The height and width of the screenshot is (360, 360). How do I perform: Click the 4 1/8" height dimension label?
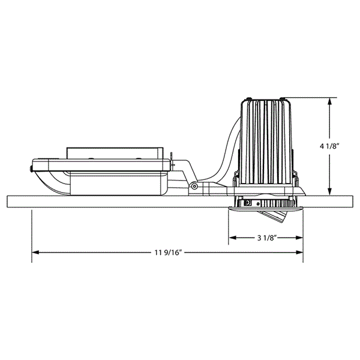pyautogui.click(x=329, y=146)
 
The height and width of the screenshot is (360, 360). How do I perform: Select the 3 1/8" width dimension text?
pyautogui.click(x=266, y=238)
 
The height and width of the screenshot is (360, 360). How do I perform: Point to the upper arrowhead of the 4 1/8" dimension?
pyautogui.click(x=329, y=102)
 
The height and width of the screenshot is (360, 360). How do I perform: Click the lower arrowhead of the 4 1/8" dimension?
pyautogui.click(x=329, y=191)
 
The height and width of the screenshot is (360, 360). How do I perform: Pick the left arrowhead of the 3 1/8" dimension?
pyautogui.click(x=233, y=238)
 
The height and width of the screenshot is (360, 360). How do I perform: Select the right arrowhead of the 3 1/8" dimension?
pyautogui.click(x=299, y=238)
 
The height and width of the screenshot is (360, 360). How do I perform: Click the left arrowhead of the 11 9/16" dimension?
pyautogui.click(x=36, y=253)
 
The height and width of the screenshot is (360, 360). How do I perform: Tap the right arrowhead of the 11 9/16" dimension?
pyautogui.click(x=299, y=253)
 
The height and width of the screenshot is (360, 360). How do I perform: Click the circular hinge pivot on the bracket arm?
pyautogui.click(x=194, y=186)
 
